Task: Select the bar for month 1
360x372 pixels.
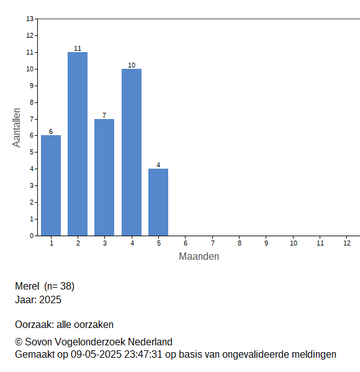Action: pos(51,185)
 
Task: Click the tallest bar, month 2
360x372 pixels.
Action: pos(78,144)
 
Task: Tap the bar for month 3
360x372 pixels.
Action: pos(104,177)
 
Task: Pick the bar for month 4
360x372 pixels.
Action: pos(132,153)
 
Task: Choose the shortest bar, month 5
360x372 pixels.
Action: pos(158,202)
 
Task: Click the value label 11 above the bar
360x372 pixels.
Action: pos(78,48)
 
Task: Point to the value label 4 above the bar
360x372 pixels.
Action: pos(158,165)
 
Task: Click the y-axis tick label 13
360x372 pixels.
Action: pos(30,19)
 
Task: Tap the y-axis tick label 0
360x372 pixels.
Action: pos(32,236)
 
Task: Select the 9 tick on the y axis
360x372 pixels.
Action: pos(32,86)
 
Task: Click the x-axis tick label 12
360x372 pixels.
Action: pos(347,243)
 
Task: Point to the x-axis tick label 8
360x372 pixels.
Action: pos(240,243)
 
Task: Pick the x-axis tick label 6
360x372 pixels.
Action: pos(186,243)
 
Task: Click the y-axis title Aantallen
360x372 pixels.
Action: pos(17,128)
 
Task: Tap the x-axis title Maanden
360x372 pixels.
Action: pos(199,257)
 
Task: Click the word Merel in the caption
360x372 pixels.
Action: pos(27,286)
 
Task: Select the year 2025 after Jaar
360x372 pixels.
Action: pos(50,300)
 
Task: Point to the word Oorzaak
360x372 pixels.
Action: pos(34,324)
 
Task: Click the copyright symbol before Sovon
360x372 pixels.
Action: pos(19,342)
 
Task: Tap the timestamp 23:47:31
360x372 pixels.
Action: pos(143,355)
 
